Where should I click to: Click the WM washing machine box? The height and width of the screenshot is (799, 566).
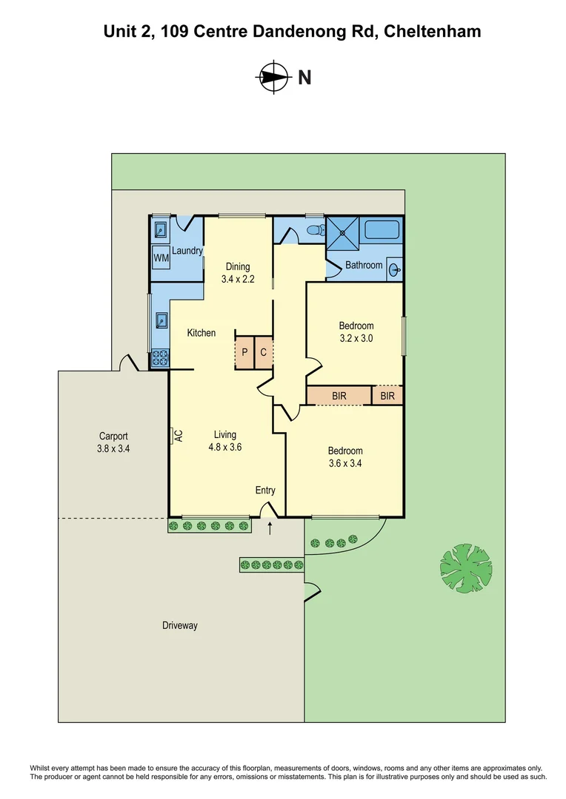pyautogui.click(x=161, y=258)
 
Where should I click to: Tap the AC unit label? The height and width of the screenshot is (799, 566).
pyautogui.click(x=178, y=435)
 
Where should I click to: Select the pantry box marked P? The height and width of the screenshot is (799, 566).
pyautogui.click(x=244, y=353)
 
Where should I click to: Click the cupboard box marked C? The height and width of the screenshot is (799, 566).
pyautogui.click(x=263, y=353)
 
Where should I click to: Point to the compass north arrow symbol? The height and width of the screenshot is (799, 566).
pyautogui.click(x=273, y=77)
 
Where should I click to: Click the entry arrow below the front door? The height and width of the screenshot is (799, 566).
pyautogui.click(x=270, y=528)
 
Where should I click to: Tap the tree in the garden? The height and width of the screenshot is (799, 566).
pyautogui.click(x=466, y=570)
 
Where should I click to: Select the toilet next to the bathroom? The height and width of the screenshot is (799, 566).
pyautogui.click(x=314, y=230)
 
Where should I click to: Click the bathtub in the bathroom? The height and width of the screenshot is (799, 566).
pyautogui.click(x=382, y=229)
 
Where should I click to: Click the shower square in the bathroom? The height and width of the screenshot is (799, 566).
pyautogui.click(x=343, y=232)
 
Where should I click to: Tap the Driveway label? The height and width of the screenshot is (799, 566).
pyautogui.click(x=180, y=625)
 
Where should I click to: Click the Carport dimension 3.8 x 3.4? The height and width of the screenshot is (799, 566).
pyautogui.click(x=114, y=448)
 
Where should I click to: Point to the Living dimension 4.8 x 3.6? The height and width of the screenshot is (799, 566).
pyautogui.click(x=225, y=447)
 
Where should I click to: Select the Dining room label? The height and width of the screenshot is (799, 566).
pyautogui.click(x=238, y=266)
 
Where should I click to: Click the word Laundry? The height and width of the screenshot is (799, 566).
pyautogui.click(x=187, y=251)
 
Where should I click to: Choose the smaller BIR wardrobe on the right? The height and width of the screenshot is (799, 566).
pyautogui.click(x=387, y=397)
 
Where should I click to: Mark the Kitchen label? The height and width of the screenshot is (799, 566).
pyautogui.click(x=201, y=333)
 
